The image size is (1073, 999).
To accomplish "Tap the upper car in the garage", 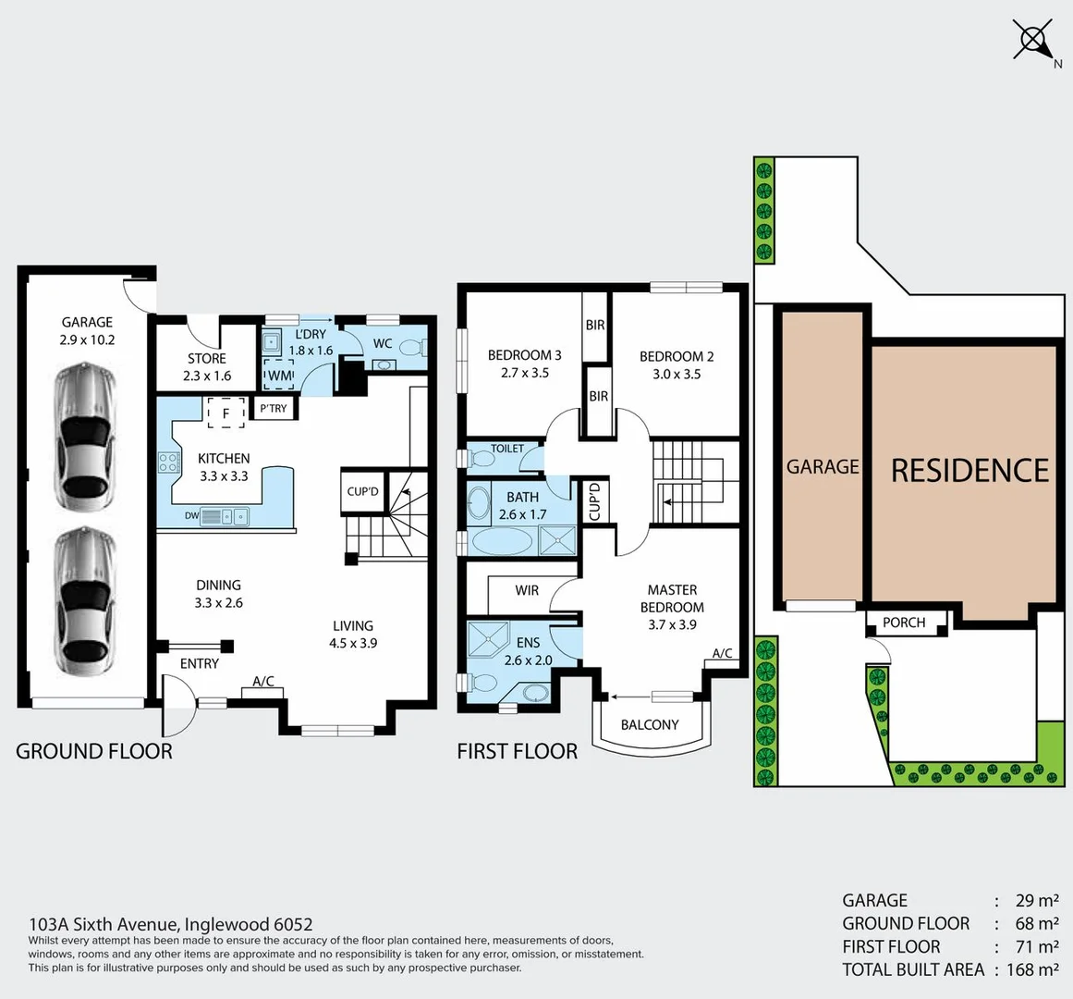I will tap(85, 437).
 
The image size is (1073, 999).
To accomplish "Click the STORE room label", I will tap(206, 359).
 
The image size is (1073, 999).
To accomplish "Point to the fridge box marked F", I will tap(226, 413).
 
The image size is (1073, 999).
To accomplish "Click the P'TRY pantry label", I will tap(274, 408).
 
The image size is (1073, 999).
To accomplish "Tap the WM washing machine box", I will tap(279, 376).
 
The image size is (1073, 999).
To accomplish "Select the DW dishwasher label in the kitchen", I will tap(191, 516).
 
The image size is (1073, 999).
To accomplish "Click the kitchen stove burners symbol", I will tap(168, 462).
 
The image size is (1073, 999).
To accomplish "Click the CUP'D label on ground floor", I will tap(362, 491).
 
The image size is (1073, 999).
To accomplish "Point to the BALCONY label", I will tap(650, 725).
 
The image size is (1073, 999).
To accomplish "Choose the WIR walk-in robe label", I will tap(527, 590).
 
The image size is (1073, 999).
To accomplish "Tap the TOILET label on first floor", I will tap(507, 449).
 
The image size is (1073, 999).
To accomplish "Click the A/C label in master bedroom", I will tap(722, 653).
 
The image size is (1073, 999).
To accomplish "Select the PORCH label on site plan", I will tap(904, 623).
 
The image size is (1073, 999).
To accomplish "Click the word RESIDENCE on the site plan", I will tap(969, 471).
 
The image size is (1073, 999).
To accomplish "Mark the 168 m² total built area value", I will tap(1027, 969).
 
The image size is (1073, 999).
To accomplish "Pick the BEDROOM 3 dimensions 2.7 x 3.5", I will tap(525, 373).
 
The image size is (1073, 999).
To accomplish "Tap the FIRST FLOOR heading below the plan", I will tap(517, 751).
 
